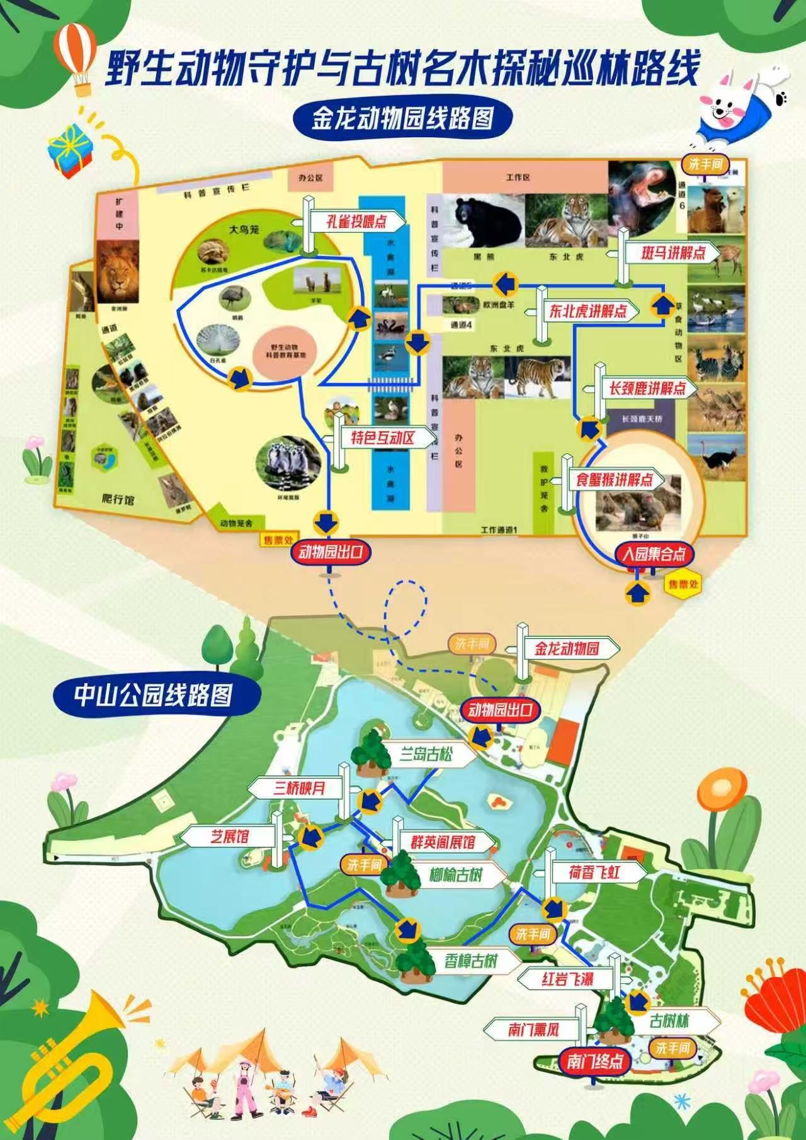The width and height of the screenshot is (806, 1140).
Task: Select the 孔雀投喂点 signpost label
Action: (x=356, y=222)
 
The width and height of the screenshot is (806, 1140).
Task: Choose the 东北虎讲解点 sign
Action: (x=587, y=311)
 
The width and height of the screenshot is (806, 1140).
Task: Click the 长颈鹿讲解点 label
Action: (x=646, y=388)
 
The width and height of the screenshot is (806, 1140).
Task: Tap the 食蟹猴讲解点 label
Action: (x=613, y=480)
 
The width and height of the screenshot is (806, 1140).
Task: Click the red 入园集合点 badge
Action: (x=654, y=554)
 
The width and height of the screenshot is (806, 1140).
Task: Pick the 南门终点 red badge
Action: (x=594, y=1062)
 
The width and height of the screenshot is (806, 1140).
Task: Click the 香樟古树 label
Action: (x=472, y=961)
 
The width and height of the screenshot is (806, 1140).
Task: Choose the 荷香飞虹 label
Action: (x=594, y=872)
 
